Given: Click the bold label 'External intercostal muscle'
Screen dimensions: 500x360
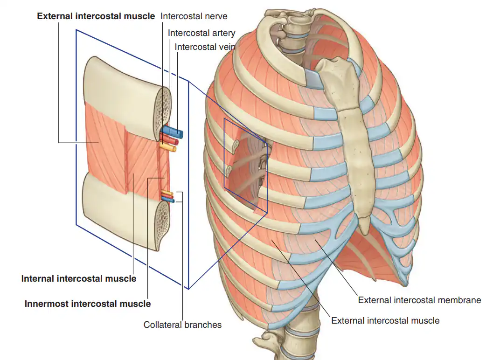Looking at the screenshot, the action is click(x=96, y=16).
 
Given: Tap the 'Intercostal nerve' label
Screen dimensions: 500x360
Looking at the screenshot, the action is click(x=194, y=16).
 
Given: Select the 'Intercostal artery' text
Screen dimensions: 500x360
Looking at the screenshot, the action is click(x=201, y=33).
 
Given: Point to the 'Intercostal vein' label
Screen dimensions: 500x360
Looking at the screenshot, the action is click(x=205, y=47).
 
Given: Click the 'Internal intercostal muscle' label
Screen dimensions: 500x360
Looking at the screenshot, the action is click(x=79, y=279).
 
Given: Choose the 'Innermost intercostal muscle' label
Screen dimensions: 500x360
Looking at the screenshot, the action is click(x=88, y=304).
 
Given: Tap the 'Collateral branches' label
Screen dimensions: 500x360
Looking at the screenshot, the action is click(x=182, y=325).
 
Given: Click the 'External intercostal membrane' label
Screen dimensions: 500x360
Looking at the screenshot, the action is click(x=419, y=300).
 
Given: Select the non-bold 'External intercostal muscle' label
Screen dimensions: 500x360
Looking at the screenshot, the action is click(x=385, y=320).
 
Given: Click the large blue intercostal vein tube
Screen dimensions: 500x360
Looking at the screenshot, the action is click(x=172, y=132).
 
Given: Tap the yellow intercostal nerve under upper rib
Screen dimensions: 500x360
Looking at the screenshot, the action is click(x=168, y=147).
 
